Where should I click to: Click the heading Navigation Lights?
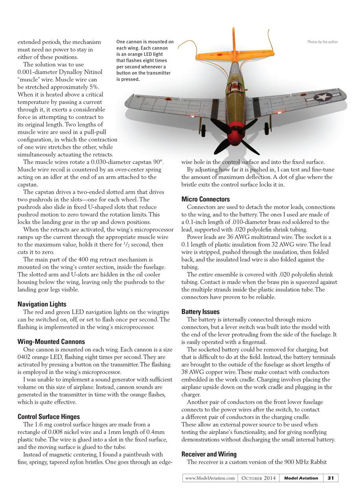(42, 304)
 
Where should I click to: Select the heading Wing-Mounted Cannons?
(51, 341)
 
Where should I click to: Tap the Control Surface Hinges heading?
(49, 417)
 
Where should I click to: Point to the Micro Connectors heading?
(206, 199)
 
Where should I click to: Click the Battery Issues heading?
(200, 312)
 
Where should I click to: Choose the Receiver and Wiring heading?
(209, 454)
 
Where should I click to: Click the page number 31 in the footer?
(331, 478)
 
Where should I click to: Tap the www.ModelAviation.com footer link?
(210, 478)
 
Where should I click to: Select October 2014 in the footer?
(259, 478)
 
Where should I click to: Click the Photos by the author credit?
(322, 42)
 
